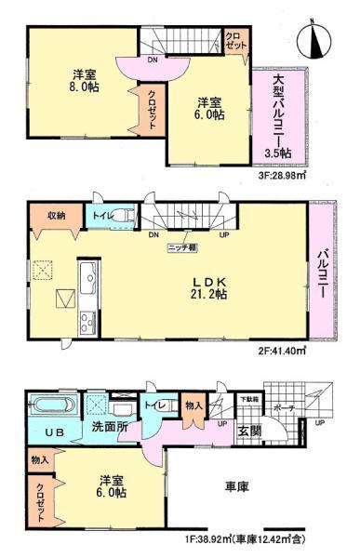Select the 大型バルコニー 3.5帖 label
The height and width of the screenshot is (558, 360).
[277, 116]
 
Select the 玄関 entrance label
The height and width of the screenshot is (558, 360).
[248, 432]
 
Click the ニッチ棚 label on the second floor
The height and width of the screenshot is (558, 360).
[180, 248]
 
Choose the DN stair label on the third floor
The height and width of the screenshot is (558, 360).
[151, 61]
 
